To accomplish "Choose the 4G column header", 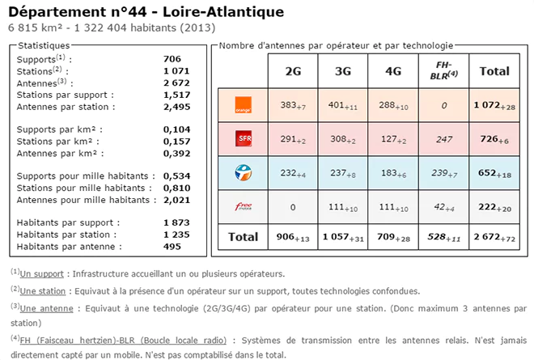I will [x=394, y=70].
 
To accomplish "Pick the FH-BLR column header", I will [x=443, y=70].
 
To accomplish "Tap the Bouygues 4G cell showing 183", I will [x=394, y=173].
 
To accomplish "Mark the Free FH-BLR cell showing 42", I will [x=443, y=207].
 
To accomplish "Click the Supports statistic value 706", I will [x=172, y=59].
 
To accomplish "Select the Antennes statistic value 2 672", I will [x=176, y=83].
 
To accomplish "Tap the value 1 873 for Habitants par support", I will [x=176, y=222].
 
